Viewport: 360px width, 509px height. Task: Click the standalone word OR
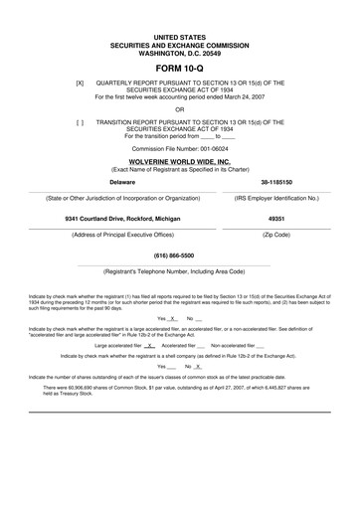tap(180, 109)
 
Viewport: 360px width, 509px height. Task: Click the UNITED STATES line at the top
tap(180, 33)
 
